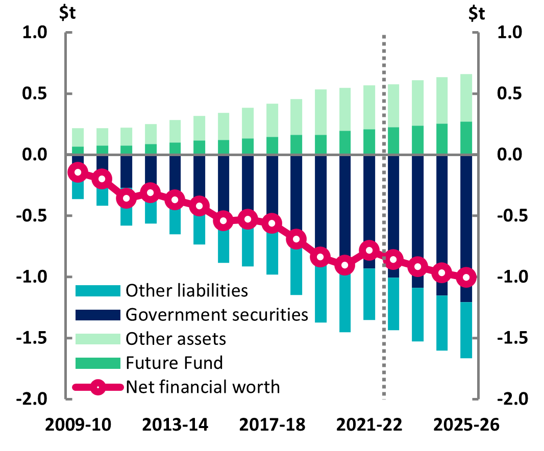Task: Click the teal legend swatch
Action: pyautogui.click(x=98, y=291)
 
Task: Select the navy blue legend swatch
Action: pyautogui.click(x=98, y=315)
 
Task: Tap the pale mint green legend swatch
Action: pyautogui.click(x=98, y=339)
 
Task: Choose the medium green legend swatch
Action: pyautogui.click(x=98, y=363)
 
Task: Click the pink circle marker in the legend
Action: pyautogui.click(x=98, y=387)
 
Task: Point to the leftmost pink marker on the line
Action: pyautogui.click(x=78, y=172)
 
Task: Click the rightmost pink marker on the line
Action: pyautogui.click(x=466, y=278)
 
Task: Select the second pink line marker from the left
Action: pyautogui.click(x=102, y=179)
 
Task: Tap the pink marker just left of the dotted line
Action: pyautogui.click(x=369, y=250)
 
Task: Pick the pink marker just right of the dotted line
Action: pyautogui.click(x=393, y=260)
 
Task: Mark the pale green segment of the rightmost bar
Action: pyautogui.click(x=466, y=97)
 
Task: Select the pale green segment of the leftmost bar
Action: pyautogui.click(x=78, y=137)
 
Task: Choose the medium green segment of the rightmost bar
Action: pyautogui.click(x=466, y=137)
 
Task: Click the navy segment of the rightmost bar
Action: pyautogui.click(x=466, y=214)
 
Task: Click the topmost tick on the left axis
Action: pyautogui.click(x=68, y=33)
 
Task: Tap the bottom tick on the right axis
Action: pyautogui.click(x=476, y=399)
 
